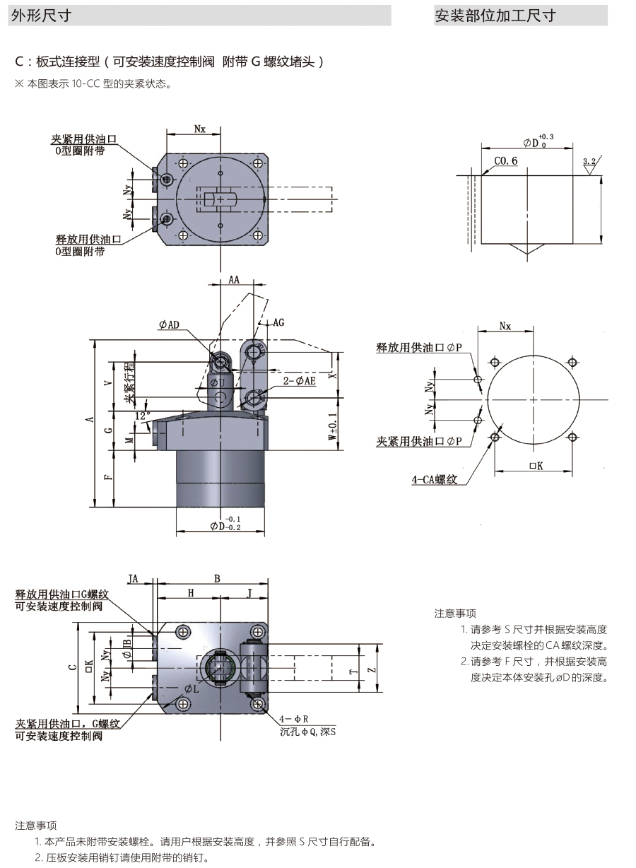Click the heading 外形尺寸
coord(41,15)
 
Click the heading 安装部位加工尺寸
coord(495,15)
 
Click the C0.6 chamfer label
coord(505,161)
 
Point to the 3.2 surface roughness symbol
coord(589,163)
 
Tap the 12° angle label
coord(143,416)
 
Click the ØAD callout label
coord(170,324)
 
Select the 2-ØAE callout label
coord(300,381)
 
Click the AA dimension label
coord(234,281)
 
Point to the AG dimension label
coord(278,322)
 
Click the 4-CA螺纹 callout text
coord(435,480)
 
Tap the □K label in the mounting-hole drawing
coord(535,466)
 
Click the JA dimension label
coord(133,579)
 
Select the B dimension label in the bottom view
coord(217,578)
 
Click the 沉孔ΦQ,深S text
coord(307,732)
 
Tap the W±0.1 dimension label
coord(332,431)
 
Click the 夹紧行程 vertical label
coord(129,382)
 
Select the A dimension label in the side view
coord(89,420)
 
